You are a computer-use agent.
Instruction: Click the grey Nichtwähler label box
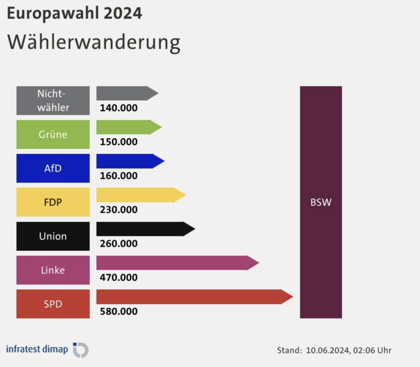pos(53,100)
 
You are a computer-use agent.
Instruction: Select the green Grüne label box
pos(53,134)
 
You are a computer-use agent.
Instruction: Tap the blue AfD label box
pos(53,168)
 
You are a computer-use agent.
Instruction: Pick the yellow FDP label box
pos(53,202)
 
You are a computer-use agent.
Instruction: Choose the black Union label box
pos(53,236)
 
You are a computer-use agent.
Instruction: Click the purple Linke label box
pos(53,270)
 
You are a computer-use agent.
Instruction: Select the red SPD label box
pos(53,304)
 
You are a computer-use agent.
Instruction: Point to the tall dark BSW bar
pos(321,202)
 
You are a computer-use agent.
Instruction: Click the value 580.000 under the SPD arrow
pos(119,312)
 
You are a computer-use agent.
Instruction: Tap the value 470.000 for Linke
pos(119,277)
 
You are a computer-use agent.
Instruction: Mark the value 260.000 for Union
pos(119,244)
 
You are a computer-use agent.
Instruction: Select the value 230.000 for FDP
pos(119,210)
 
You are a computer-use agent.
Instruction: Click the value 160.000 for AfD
pos(119,176)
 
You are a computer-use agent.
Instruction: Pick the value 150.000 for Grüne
pos(119,142)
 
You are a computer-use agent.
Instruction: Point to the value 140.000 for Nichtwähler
pos(119,108)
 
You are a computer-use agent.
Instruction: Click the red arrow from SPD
pos(193,297)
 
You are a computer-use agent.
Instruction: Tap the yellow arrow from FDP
pos(139,195)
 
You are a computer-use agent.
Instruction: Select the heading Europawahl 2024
pos(75,14)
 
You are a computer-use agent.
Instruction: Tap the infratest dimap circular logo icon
pos(81,350)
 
